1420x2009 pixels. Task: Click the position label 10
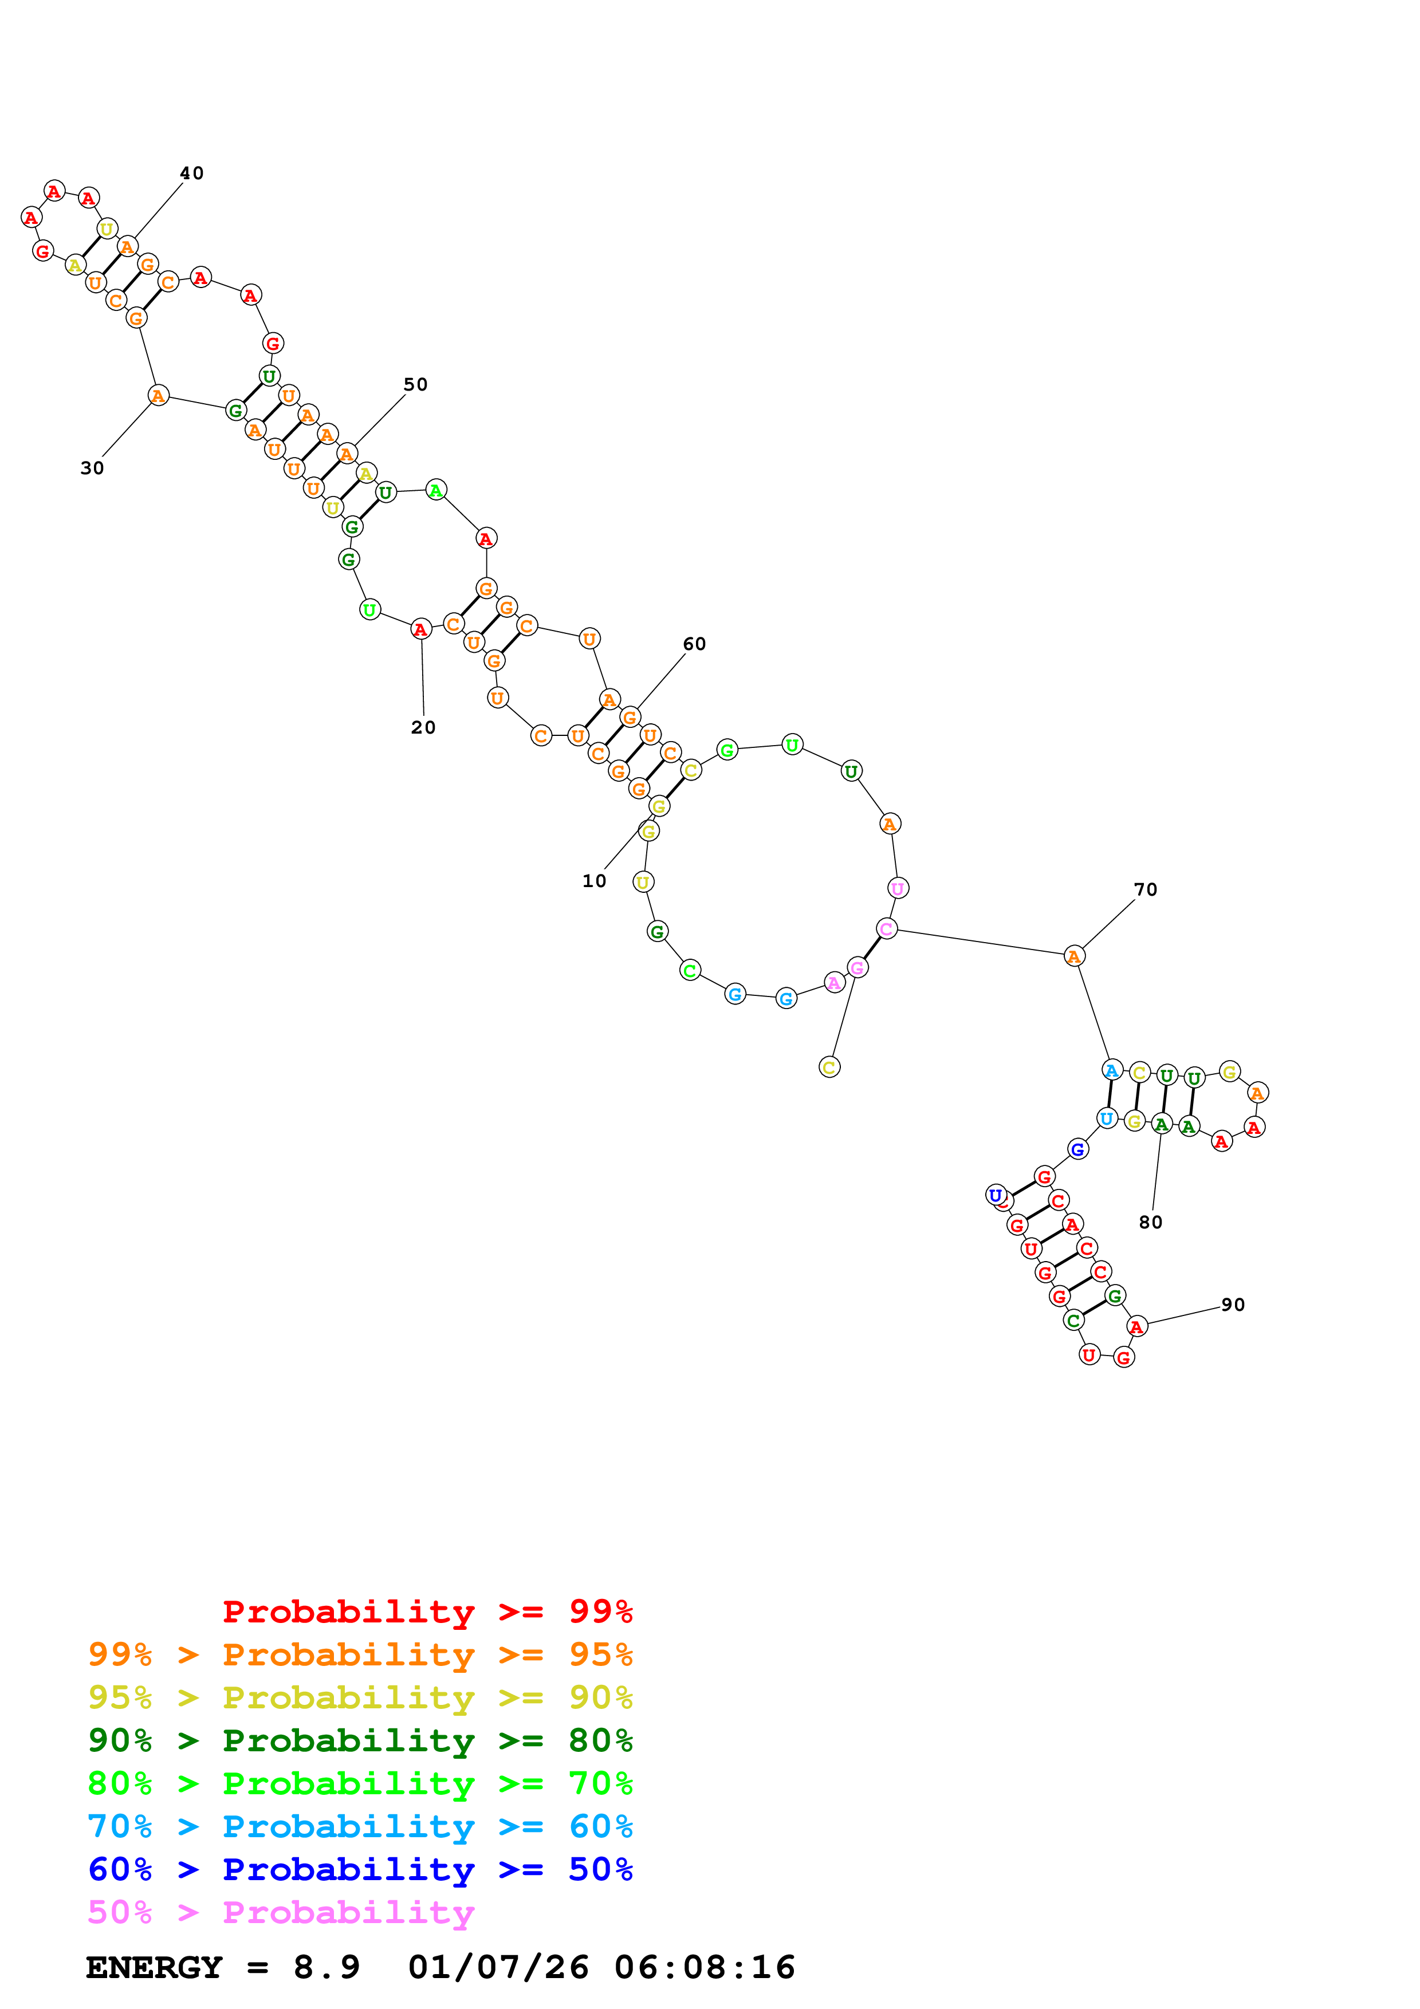594,881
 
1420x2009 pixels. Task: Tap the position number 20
423,727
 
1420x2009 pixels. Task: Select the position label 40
192,174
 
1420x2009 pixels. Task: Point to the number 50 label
416,384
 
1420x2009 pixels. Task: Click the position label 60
695,644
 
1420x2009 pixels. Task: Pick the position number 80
1151,1222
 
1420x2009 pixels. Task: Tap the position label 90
1233,1305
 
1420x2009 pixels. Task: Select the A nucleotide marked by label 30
158,396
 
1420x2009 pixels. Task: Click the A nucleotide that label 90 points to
1136,1326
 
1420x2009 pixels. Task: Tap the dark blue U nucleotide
996,1195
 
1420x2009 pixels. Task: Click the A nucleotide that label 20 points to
421,629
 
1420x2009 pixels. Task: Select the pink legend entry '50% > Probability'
281,1912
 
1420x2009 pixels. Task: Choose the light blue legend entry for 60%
360,1826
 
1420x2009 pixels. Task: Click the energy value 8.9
327,1968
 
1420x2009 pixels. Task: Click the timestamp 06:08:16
705,1968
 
